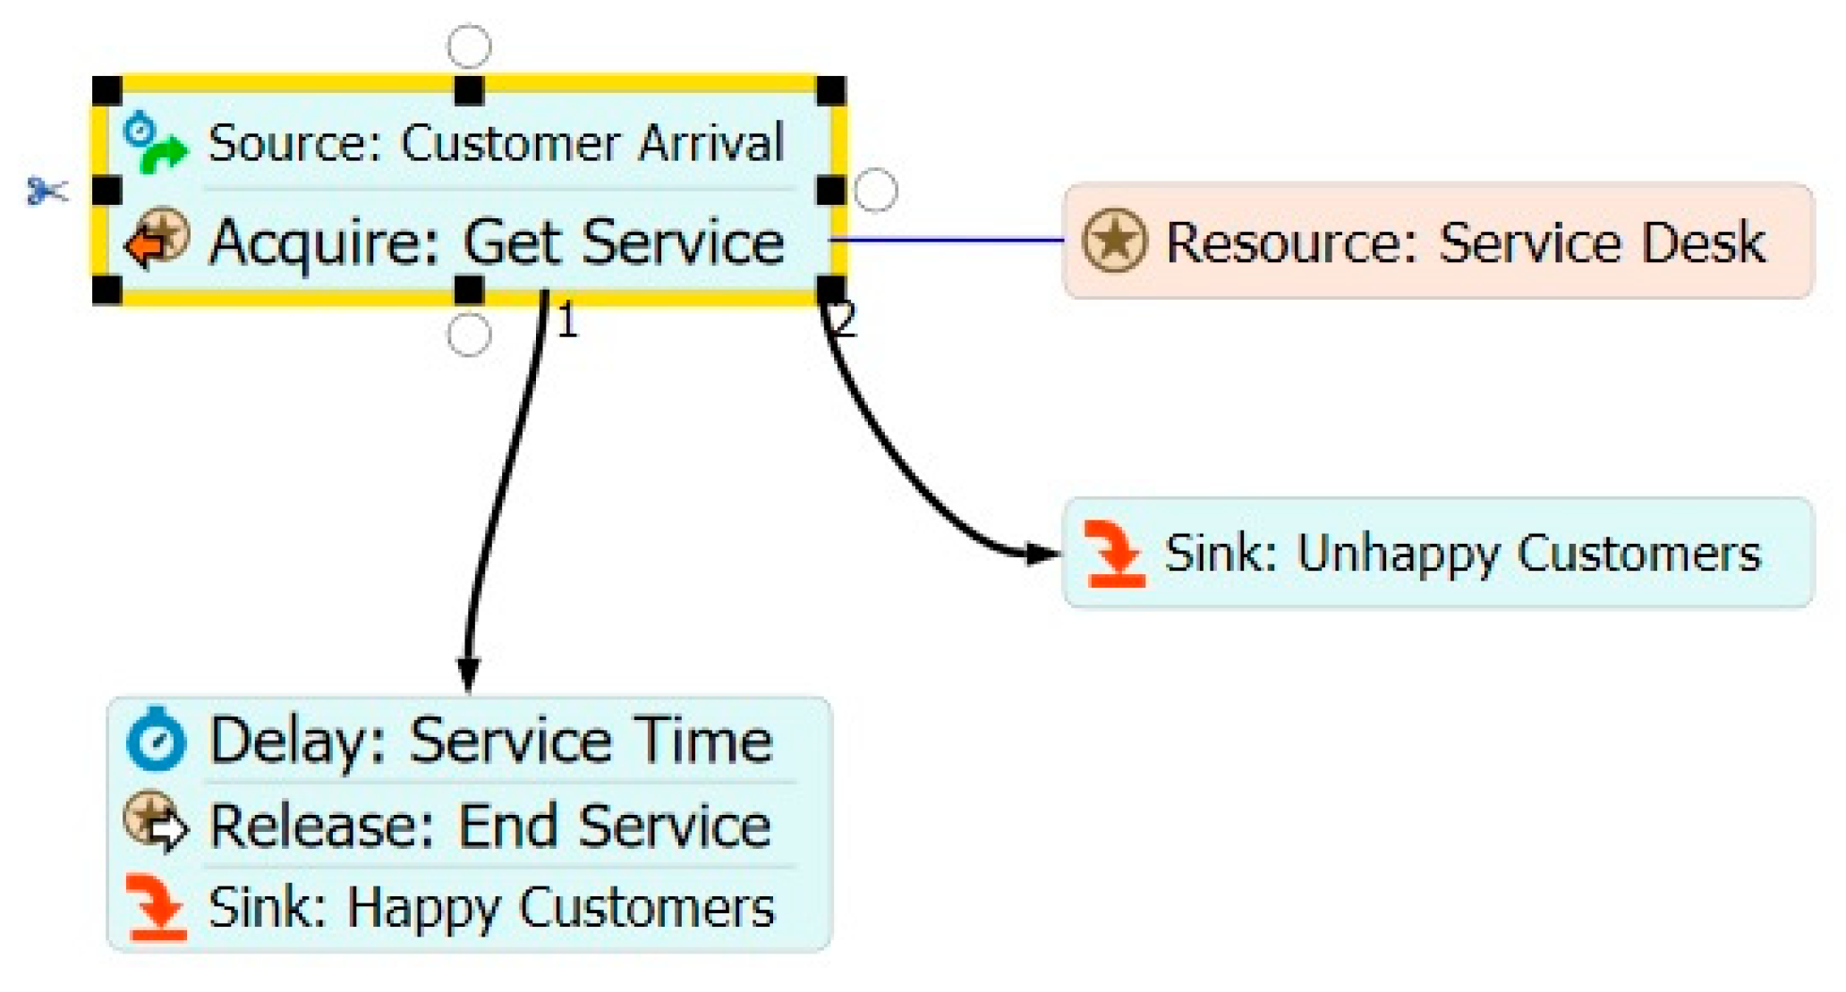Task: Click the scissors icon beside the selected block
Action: [x=47, y=191]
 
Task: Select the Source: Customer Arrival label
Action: [x=495, y=143]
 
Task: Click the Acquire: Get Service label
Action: [x=497, y=242]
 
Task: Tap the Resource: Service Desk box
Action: [x=1437, y=241]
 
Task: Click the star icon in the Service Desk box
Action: [x=1113, y=241]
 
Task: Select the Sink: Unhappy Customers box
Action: [x=1437, y=553]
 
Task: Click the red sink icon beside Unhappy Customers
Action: [x=1114, y=554]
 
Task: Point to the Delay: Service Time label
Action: [x=490, y=741]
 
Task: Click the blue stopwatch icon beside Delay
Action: [x=156, y=740]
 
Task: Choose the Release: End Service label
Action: [x=489, y=825]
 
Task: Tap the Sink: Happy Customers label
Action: [x=490, y=908]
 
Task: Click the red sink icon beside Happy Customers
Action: [x=157, y=908]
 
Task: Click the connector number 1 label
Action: [x=567, y=321]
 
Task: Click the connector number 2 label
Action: [x=845, y=319]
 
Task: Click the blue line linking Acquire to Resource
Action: [x=949, y=240]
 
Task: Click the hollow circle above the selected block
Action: [x=469, y=47]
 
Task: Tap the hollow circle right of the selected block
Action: [x=875, y=191]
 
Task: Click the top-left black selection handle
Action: [x=107, y=90]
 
